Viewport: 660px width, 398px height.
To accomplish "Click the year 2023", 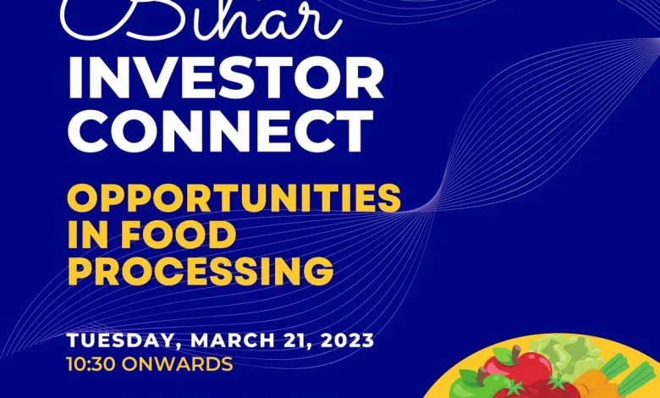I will [x=342, y=340].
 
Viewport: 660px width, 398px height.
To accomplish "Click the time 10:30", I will [x=95, y=365].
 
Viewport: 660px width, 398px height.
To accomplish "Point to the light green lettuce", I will [x=572, y=356].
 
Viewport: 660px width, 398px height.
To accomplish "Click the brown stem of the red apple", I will [x=515, y=352].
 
